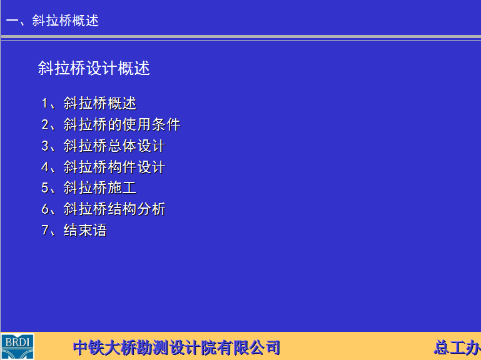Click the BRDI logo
(17, 346)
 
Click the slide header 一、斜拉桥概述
(53, 21)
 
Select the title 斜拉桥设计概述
(94, 67)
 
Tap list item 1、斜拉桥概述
(89, 103)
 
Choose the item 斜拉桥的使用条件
(122, 124)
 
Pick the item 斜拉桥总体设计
(114, 146)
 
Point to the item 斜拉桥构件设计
(114, 167)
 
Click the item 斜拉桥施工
(100, 187)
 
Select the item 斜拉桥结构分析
(114, 209)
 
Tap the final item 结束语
(85, 230)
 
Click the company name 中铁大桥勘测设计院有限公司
(176, 347)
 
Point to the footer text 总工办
(457, 347)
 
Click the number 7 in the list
(45, 230)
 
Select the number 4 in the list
(45, 167)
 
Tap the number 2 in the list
(45, 124)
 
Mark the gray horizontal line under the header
(241, 37)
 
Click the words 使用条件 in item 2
(151, 124)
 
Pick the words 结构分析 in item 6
(137, 209)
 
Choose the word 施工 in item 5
(122, 187)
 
